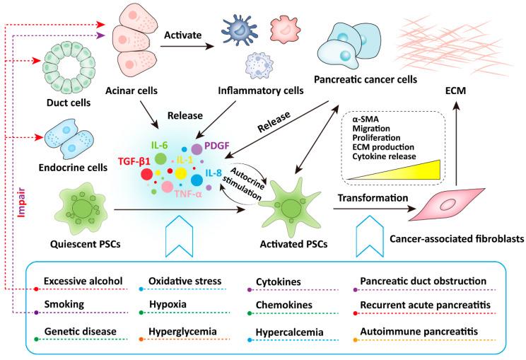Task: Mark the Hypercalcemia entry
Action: pyautogui.click(x=291, y=330)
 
